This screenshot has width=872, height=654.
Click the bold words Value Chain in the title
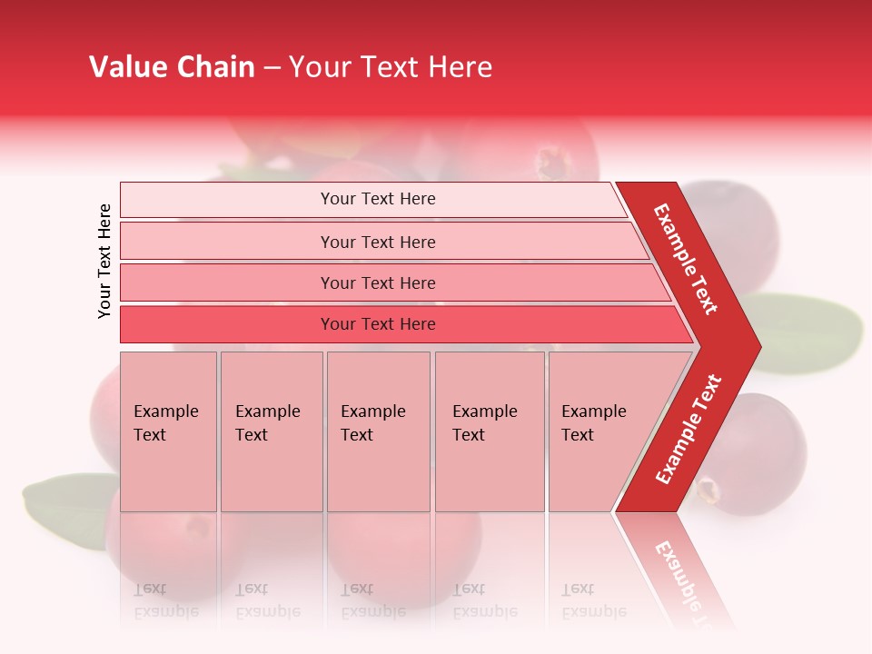pyautogui.click(x=172, y=67)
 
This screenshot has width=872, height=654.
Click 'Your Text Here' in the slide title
pyautogui.click(x=391, y=67)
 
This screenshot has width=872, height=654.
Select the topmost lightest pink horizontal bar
pyautogui.click(x=372, y=199)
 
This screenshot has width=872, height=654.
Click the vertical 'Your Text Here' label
pyautogui.click(x=104, y=261)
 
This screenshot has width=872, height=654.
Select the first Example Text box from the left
pyautogui.click(x=168, y=431)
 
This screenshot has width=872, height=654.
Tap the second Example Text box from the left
pyautogui.click(x=272, y=431)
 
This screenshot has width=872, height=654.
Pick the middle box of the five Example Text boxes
pyautogui.click(x=378, y=431)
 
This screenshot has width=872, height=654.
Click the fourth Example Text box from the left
pyautogui.click(x=490, y=431)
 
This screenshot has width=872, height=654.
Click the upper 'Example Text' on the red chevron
pyautogui.click(x=686, y=259)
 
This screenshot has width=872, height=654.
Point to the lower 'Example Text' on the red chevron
pyautogui.click(x=689, y=429)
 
